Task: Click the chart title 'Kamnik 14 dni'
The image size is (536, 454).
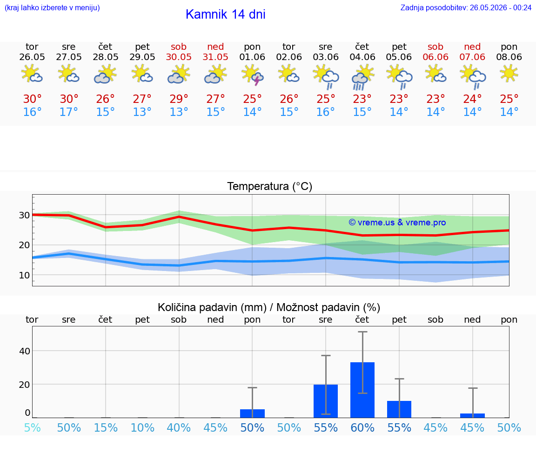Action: pyautogui.click(x=225, y=14)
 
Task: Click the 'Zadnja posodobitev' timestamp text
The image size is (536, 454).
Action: pyautogui.click(x=466, y=8)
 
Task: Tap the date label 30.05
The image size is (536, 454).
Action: pyautogui.click(x=179, y=57)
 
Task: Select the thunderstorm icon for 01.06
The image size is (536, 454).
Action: pyautogui.click(x=252, y=75)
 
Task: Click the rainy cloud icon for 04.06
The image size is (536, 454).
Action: pyautogui.click(x=362, y=78)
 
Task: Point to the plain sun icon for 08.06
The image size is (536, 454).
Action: pyautogui.click(x=509, y=74)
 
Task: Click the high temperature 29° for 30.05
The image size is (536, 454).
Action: pyautogui.click(x=179, y=99)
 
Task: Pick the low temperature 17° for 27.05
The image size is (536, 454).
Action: pyautogui.click(x=69, y=112)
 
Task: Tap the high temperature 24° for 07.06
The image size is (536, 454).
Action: pyautogui.click(x=472, y=99)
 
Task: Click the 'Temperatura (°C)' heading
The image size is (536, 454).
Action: pyautogui.click(x=270, y=186)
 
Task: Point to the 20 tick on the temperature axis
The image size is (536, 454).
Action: pyautogui.click(x=24, y=245)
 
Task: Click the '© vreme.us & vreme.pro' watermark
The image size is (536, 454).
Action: pyautogui.click(x=397, y=223)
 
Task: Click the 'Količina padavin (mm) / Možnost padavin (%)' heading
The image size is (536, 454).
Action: pyautogui.click(x=269, y=307)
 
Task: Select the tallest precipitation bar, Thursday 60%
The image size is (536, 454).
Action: pyautogui.click(x=362, y=390)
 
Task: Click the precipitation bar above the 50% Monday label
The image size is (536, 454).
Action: pyautogui.click(x=252, y=413)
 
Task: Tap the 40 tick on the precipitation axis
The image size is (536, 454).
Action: pyautogui.click(x=25, y=351)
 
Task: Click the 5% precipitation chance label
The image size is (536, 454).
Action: pyautogui.click(x=33, y=427)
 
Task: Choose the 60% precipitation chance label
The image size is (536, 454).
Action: pyautogui.click(x=362, y=427)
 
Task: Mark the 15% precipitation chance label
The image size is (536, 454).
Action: pyautogui.click(x=106, y=427)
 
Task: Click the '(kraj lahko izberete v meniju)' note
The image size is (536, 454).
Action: pyautogui.click(x=52, y=8)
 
